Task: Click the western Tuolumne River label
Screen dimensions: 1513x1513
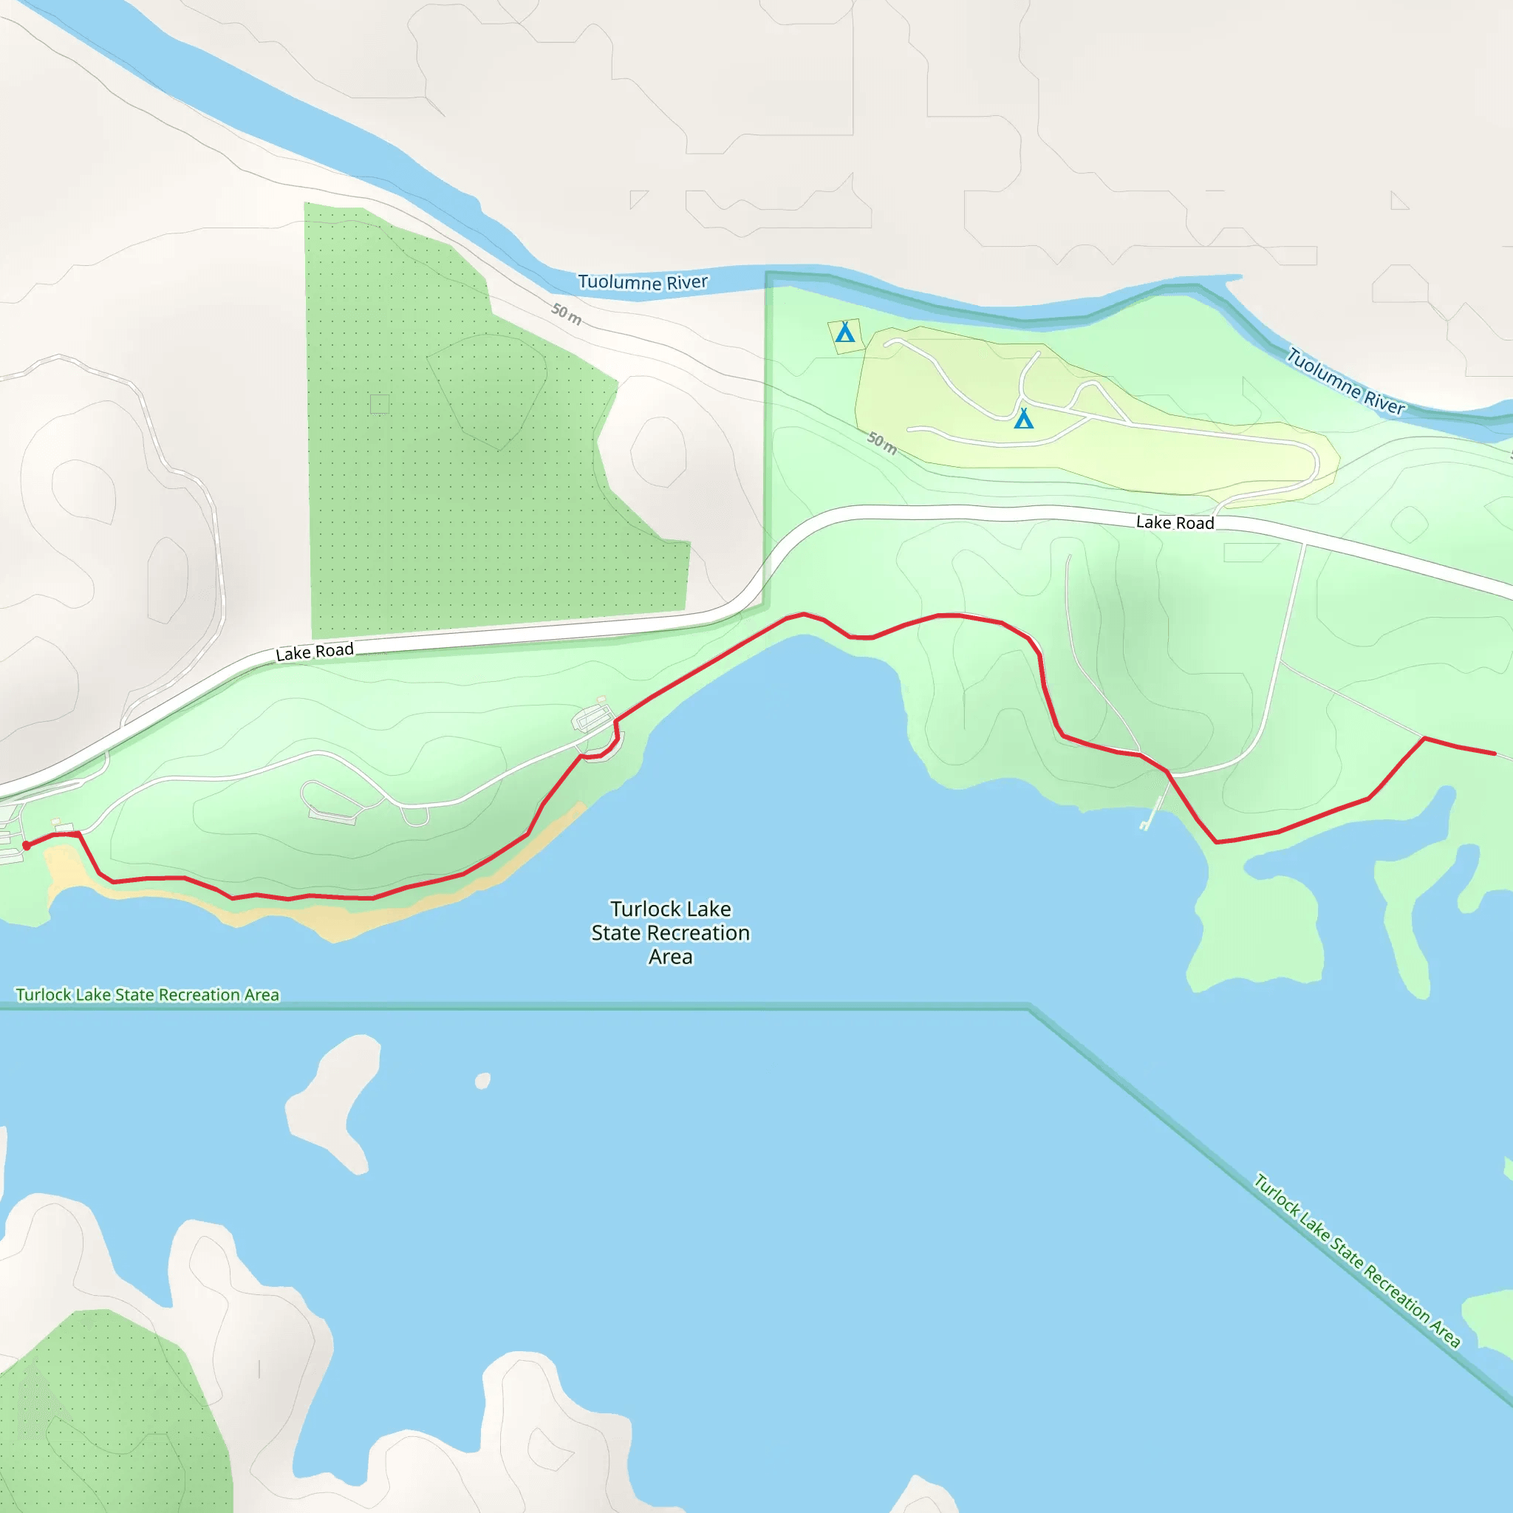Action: [642, 282]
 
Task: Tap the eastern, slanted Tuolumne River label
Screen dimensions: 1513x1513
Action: [1346, 381]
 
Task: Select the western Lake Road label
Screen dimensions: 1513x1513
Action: [315, 652]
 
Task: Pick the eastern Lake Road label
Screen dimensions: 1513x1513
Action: [1175, 522]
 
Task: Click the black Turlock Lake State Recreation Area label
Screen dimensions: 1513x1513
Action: [670, 933]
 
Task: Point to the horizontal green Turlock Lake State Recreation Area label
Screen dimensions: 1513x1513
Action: [147, 994]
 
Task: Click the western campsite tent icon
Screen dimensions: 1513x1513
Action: [844, 333]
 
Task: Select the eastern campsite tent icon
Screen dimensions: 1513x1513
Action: [1023, 419]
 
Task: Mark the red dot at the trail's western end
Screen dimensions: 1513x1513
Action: [27, 845]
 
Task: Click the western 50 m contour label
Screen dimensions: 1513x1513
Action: [566, 313]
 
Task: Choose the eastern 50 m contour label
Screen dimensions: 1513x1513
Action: [883, 443]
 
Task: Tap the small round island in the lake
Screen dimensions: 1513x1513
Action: [482, 1081]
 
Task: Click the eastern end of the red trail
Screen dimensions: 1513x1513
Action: [1495, 754]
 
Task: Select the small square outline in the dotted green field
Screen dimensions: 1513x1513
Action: [380, 404]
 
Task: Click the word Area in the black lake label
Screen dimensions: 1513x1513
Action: [670, 957]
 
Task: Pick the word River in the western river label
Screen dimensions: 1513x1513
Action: [687, 282]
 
